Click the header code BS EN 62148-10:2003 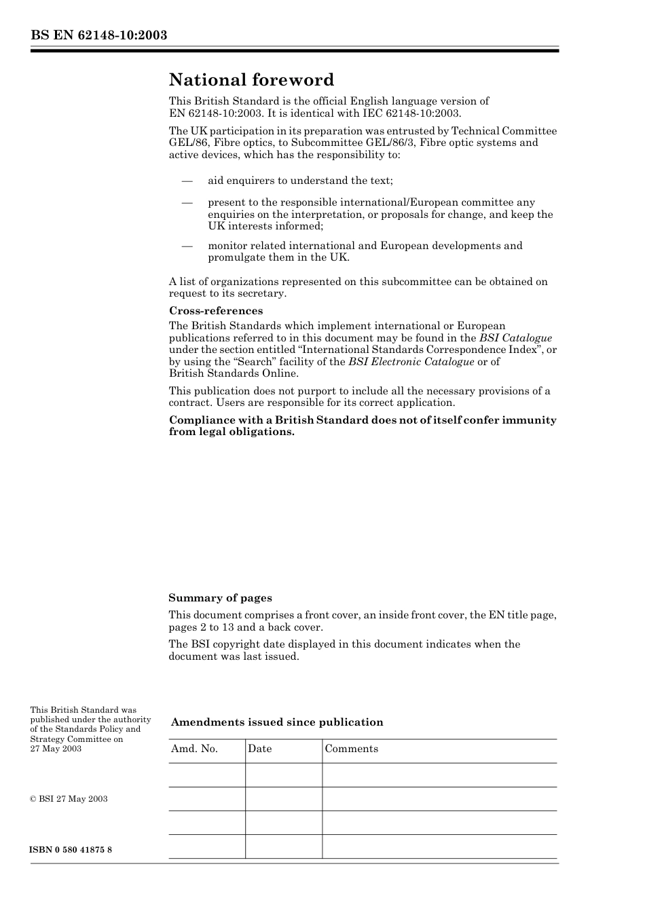pos(98,35)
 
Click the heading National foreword pos(251,80)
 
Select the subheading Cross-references pos(216,311)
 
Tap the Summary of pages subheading pos(220,598)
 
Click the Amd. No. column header pos(194,749)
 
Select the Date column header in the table pos(259,749)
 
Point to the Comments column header pos(351,749)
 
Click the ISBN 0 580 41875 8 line pos(71,850)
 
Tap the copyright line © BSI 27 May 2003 pos(69,799)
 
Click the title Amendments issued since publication pos(277,722)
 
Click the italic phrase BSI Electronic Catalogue pos(411,362)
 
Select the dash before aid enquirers pos(187,181)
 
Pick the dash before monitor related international pos(187,246)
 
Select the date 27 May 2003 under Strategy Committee pos(56,749)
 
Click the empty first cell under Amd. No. pos(206,775)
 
